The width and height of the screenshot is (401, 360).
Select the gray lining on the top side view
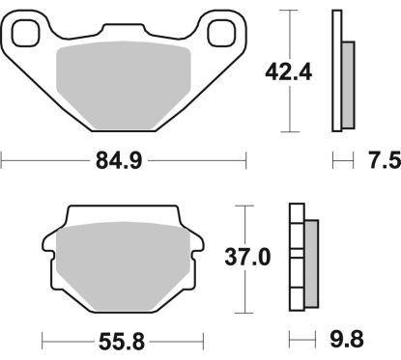pyautogui.click(x=349, y=86)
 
